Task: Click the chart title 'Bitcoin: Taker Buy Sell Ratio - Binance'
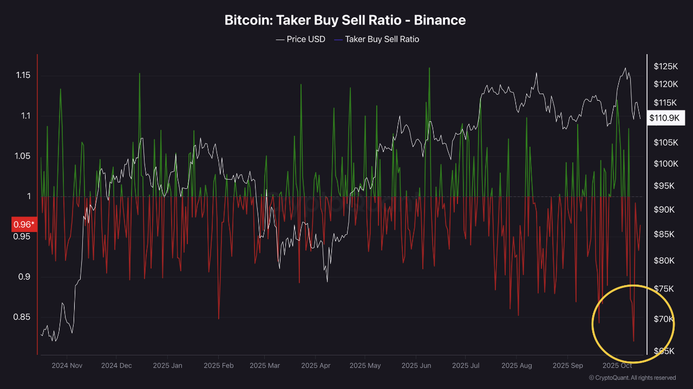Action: (345, 21)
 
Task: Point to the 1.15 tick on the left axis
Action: (22, 76)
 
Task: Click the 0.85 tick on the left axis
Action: (22, 317)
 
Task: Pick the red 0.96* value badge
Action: (24, 224)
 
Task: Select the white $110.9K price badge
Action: (666, 117)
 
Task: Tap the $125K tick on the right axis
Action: (665, 67)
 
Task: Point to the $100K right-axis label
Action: (665, 164)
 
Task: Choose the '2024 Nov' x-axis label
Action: (67, 365)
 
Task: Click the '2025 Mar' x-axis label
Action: (265, 365)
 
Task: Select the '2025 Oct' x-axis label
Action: (617, 365)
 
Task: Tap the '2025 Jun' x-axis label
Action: (416, 365)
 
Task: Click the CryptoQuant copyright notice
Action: (632, 378)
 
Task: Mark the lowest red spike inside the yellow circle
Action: (633, 341)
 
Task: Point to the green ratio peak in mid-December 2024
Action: (139, 74)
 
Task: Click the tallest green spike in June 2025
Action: (429, 69)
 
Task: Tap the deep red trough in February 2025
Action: (219, 318)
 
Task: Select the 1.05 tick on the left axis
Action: (22, 156)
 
